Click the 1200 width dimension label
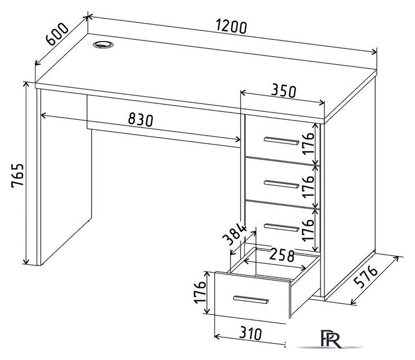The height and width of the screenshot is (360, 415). pyautogui.click(x=231, y=26)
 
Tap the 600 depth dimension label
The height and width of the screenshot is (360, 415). pyautogui.click(x=57, y=34)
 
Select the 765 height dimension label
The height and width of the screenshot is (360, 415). pyautogui.click(x=17, y=175)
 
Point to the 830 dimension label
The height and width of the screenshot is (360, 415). pyautogui.click(x=141, y=120)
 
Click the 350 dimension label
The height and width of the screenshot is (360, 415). pyautogui.click(x=283, y=91)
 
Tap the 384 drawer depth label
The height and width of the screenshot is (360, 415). pyautogui.click(x=234, y=234)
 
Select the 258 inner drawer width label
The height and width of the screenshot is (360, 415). pyautogui.click(x=282, y=255)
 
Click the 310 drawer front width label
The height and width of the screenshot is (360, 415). pyautogui.click(x=250, y=333)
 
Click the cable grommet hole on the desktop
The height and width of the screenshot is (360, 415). pyautogui.click(x=103, y=44)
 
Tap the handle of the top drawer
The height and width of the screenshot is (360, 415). pyautogui.click(x=281, y=141)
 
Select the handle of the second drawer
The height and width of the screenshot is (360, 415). pyautogui.click(x=281, y=184)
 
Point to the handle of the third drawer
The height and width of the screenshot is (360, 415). pyautogui.click(x=281, y=227)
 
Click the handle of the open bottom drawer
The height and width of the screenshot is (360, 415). pyautogui.click(x=251, y=300)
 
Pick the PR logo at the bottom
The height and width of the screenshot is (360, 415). pyautogui.click(x=331, y=338)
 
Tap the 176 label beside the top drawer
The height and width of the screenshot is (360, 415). pyautogui.click(x=308, y=143)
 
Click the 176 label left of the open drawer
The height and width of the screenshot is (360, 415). pyautogui.click(x=200, y=292)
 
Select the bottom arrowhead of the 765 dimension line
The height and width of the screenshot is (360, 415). pyautogui.click(x=26, y=262)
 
